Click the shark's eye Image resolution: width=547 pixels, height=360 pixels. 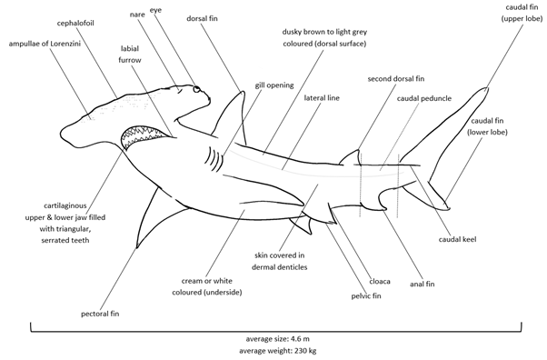tap(196, 89)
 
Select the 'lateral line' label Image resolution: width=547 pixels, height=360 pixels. tap(323, 97)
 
